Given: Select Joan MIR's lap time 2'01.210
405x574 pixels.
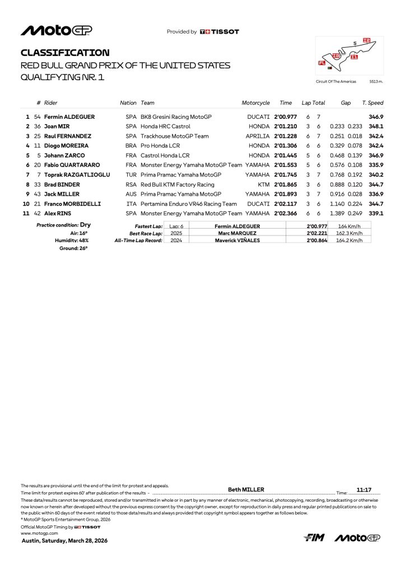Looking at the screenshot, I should point(285,127).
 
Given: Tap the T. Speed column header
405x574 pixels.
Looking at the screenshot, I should point(373,103).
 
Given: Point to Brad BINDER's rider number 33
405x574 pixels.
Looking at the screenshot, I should point(37,184).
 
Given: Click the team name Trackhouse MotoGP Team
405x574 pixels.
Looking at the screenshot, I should point(175,136).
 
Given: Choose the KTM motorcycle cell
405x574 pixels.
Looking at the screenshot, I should point(263,184).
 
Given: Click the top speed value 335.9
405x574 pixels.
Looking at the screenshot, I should point(376,165).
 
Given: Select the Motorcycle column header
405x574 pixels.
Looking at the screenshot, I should point(255,103).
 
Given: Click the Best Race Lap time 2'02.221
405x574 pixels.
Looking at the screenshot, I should point(316,233).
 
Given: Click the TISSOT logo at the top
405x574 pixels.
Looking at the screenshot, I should point(220,32).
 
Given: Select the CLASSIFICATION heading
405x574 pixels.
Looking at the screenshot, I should point(65,53).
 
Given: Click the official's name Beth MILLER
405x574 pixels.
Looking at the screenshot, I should point(246,489).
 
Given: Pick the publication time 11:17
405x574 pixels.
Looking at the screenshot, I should point(365,489).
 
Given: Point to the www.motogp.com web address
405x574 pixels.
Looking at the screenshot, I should point(36,533).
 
